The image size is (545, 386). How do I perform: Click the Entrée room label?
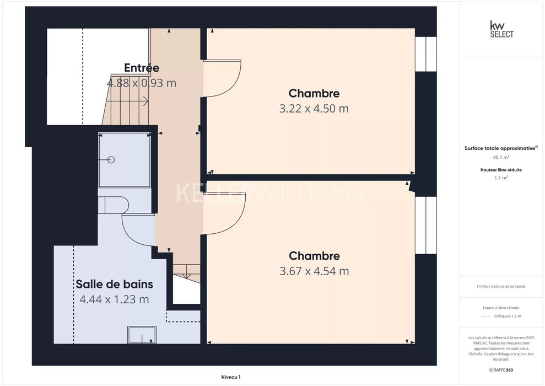[142, 67]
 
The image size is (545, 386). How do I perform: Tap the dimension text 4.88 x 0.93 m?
[142, 83]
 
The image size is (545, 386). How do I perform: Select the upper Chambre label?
[314, 93]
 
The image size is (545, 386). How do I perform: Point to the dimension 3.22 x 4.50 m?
[314, 109]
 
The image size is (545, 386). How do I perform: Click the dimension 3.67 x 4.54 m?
[314, 271]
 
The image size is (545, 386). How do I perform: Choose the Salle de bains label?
[115, 284]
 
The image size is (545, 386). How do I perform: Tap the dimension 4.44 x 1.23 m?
[115, 299]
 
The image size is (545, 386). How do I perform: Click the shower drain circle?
[111, 159]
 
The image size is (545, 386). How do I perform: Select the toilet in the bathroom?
[114, 205]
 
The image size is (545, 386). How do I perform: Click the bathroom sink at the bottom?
[142, 335]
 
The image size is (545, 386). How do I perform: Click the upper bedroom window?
[426, 54]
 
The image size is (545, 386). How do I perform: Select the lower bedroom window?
[426, 226]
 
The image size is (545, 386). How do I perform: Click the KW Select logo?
[501, 29]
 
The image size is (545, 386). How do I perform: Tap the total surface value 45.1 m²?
[501, 157]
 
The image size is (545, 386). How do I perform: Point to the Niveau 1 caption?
[231, 377]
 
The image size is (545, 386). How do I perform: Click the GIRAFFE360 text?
[501, 370]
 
